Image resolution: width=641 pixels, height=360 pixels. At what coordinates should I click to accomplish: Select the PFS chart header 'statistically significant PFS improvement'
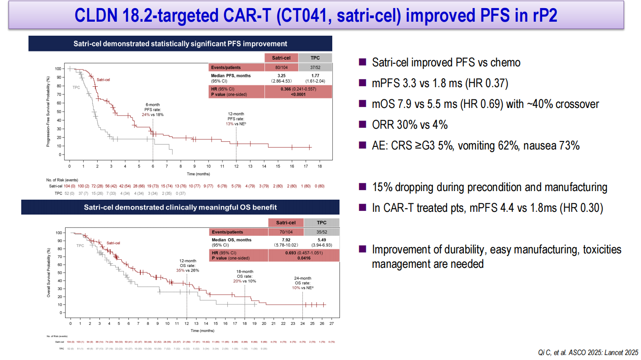(x=180, y=44)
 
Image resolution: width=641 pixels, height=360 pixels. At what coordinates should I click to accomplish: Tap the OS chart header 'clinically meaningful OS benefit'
(x=180, y=207)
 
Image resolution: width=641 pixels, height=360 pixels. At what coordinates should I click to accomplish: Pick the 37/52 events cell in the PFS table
(x=315, y=67)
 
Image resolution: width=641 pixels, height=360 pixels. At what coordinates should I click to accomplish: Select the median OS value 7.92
(x=286, y=240)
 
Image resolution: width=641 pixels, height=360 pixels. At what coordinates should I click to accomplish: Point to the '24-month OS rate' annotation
(x=302, y=283)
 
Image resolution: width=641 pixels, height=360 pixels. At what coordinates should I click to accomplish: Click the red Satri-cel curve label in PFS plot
(x=104, y=79)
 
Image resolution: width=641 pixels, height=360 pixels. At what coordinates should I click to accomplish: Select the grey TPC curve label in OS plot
(x=80, y=246)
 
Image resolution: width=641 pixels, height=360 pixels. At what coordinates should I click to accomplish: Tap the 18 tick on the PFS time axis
(x=320, y=167)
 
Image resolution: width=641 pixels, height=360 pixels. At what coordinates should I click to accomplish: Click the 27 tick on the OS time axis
(x=331, y=324)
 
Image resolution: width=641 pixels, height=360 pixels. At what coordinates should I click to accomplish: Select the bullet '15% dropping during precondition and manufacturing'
(x=489, y=187)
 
